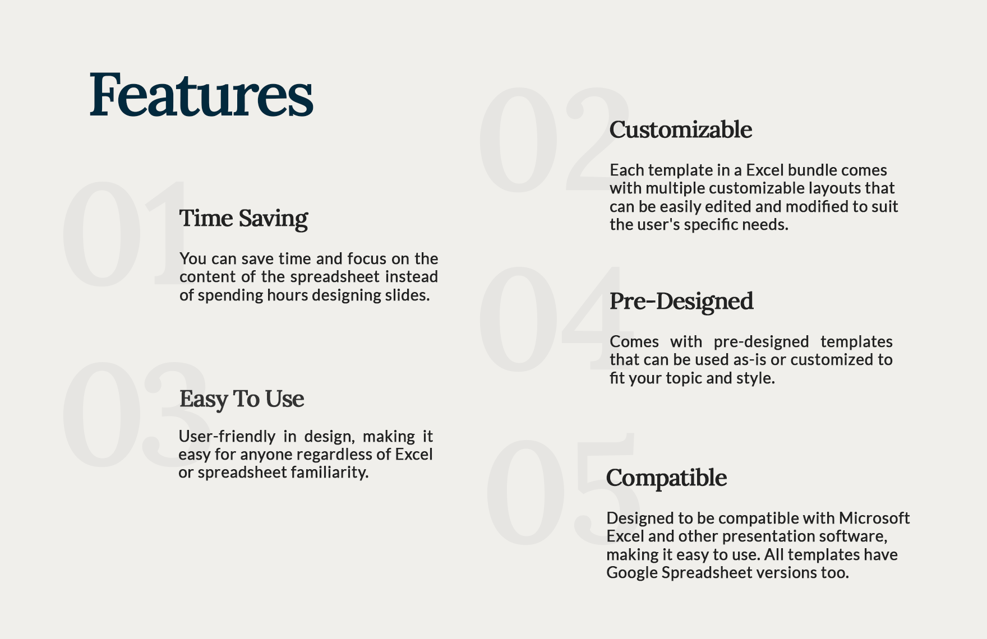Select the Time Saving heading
click(243, 218)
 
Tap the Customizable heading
click(680, 129)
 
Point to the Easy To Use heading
click(241, 399)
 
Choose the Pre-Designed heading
click(681, 301)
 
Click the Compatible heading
click(666, 478)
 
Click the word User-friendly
click(227, 436)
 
